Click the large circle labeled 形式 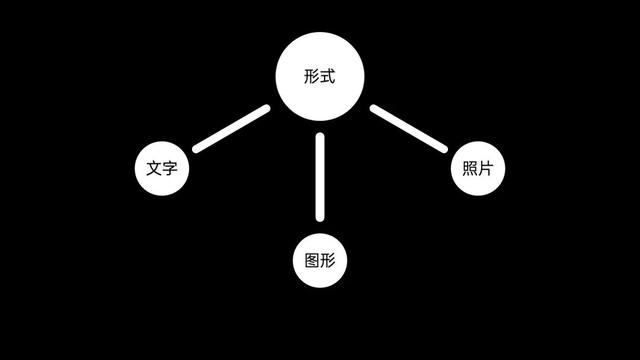[x=320, y=77]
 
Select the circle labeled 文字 [x=161, y=168]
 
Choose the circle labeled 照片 [x=478, y=168]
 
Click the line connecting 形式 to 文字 [x=232, y=129]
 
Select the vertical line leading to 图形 [x=320, y=176]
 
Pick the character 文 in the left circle [x=153, y=168]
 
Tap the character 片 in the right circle [x=486, y=168]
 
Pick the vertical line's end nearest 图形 [x=320, y=216]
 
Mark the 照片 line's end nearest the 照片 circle [x=442, y=148]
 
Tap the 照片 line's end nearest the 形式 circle [x=375, y=109]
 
